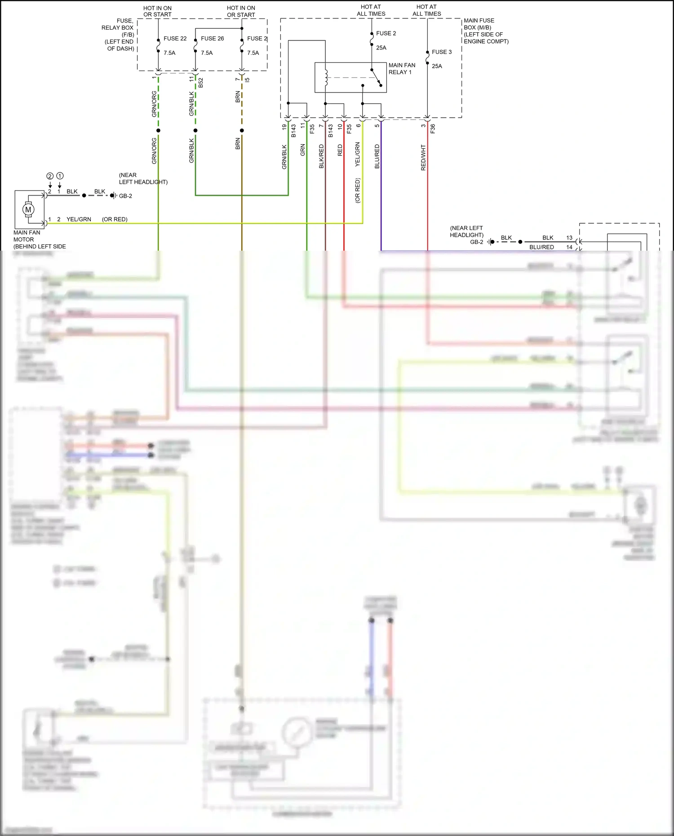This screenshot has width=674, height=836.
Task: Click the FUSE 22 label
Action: [175, 39]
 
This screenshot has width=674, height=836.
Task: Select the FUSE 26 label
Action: [212, 39]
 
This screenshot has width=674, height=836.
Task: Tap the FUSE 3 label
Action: [441, 52]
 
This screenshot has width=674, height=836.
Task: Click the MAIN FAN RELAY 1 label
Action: [402, 69]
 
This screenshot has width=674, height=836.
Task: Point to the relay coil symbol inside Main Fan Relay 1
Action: [326, 77]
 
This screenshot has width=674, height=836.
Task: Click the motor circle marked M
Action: [28, 209]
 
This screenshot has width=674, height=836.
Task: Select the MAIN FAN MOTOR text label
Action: [27, 236]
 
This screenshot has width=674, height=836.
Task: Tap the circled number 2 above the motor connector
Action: [50, 176]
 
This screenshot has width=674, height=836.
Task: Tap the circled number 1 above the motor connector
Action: [60, 176]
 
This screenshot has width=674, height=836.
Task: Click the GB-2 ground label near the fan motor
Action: [125, 196]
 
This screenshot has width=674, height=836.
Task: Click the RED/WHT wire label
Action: [423, 157]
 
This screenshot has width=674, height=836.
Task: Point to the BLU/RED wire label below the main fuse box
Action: [377, 156]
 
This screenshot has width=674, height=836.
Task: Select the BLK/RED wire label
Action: [321, 156]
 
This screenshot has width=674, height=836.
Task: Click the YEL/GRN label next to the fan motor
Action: [79, 219]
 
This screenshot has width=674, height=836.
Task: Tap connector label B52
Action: [201, 83]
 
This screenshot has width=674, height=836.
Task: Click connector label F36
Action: [433, 129]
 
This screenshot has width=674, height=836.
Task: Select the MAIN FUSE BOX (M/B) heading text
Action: [479, 24]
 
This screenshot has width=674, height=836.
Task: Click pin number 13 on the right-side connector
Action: [569, 238]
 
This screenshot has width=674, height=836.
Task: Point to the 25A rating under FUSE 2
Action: [381, 48]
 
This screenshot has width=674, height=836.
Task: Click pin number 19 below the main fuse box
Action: [284, 127]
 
